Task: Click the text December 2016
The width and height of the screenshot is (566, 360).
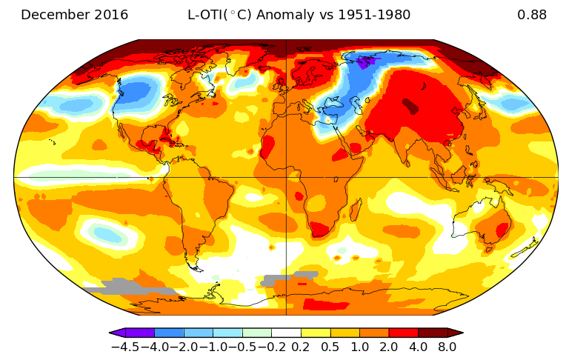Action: click(74, 15)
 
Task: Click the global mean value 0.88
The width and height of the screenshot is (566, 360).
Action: click(532, 15)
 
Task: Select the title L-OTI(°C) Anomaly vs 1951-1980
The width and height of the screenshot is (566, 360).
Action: click(299, 15)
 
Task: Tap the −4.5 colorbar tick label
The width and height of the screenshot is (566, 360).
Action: click(125, 347)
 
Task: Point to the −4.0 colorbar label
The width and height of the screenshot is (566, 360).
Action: click(155, 347)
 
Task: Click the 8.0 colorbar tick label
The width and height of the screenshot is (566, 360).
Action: click(447, 347)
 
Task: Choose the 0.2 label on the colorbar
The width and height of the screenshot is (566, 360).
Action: click(301, 347)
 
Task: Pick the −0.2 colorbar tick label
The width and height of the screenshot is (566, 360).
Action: click(271, 347)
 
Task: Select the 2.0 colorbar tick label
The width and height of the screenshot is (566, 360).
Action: click(389, 347)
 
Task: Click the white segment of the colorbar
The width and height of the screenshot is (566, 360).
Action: click(286, 333)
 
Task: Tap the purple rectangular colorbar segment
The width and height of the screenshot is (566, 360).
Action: click(140, 333)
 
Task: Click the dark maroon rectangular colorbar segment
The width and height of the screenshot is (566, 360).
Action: click(433, 333)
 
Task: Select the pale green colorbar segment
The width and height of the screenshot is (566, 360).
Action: click(257, 333)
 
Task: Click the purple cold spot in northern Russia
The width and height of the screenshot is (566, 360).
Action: click(368, 61)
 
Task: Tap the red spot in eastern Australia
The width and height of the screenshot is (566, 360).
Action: click(502, 230)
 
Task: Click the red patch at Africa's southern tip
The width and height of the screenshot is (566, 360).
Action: click(320, 230)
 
